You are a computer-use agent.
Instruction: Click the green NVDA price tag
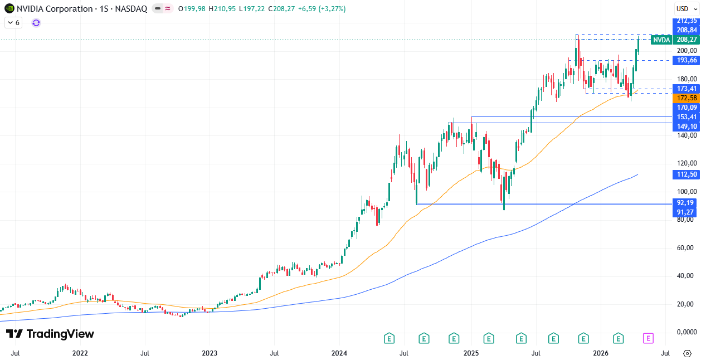pos(661,40)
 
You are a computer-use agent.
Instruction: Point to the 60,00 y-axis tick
pos(685,248)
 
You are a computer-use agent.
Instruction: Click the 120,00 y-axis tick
pos(685,163)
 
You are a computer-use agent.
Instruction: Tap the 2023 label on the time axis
pos(210,353)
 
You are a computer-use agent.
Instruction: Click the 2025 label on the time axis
pos(471,353)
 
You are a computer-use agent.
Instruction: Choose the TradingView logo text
pos(50,334)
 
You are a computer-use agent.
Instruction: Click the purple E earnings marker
pos(648,338)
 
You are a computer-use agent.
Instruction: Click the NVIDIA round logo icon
pos(9,9)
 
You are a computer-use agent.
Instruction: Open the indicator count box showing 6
pos(13,23)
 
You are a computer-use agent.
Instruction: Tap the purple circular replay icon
pos(36,23)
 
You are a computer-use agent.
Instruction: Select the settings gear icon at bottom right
pos(687,353)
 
